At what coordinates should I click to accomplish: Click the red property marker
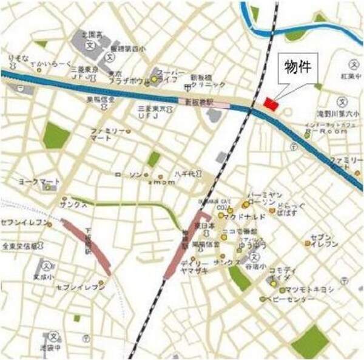[271, 104]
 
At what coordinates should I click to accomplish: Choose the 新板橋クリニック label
[208, 82]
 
